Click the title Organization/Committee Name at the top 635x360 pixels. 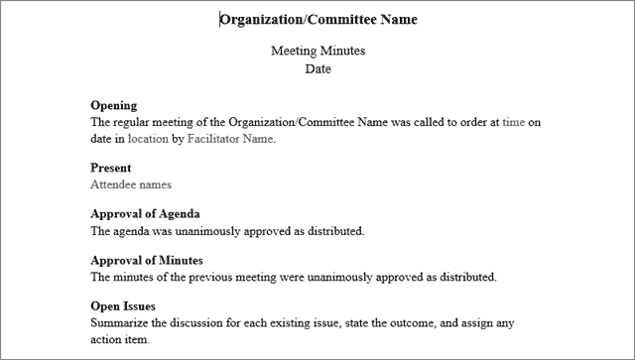tap(318, 20)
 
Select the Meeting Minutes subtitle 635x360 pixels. tap(317, 52)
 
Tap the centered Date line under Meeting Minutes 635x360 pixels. tap(317, 69)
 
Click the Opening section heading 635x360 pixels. tap(113, 105)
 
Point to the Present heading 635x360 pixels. tap(111, 168)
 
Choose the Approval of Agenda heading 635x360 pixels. tap(146, 214)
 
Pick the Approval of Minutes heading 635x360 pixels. tap(148, 260)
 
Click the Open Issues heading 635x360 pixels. tap(123, 306)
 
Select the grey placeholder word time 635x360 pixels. tap(513, 122)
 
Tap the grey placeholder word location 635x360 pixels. tap(148, 139)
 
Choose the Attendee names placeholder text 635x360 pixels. tap(131, 184)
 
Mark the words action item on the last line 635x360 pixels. tap(119, 340)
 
